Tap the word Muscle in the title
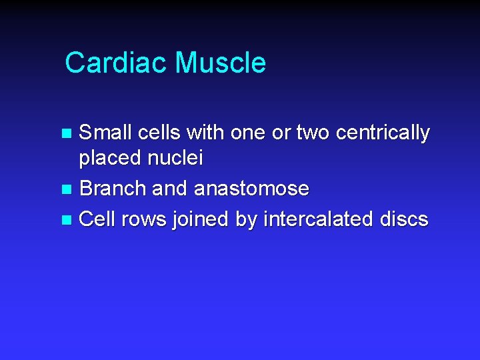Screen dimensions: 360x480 [220, 63]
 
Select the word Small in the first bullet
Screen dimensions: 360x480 [106, 133]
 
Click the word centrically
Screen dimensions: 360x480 [383, 133]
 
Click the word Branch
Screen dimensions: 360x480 [113, 189]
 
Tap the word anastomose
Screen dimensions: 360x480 [251, 189]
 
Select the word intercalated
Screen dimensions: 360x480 [319, 219]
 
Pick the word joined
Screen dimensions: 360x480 [205, 219]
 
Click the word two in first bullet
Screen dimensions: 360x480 [313, 133]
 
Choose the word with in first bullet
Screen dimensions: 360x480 [205, 133]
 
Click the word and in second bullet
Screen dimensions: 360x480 [170, 189]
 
